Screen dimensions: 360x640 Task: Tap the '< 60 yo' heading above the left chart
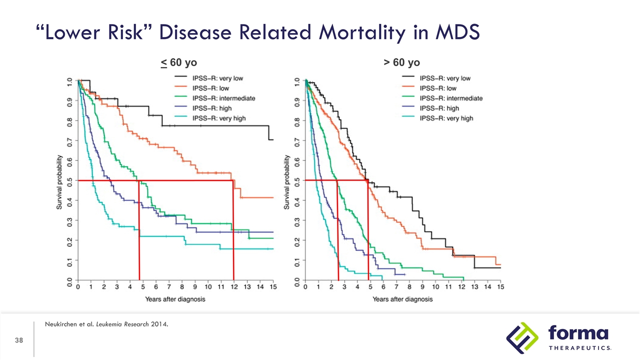click(178, 62)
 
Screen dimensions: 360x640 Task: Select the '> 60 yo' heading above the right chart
click(401, 62)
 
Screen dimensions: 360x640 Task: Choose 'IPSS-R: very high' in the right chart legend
click(446, 118)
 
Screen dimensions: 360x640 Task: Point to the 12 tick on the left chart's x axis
click(234, 288)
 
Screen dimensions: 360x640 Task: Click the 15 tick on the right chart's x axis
click(500, 288)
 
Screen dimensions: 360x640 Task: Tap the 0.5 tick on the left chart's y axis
click(69, 180)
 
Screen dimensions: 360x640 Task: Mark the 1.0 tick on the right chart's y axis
click(297, 80)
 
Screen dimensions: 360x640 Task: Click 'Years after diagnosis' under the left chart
click(175, 299)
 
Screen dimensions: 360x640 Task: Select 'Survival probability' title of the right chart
click(287, 181)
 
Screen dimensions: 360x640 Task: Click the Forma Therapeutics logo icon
click(521, 337)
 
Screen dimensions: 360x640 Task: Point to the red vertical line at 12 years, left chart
click(233, 230)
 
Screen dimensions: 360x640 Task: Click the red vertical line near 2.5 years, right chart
click(337, 230)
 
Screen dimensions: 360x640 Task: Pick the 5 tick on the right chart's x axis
click(370, 288)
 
